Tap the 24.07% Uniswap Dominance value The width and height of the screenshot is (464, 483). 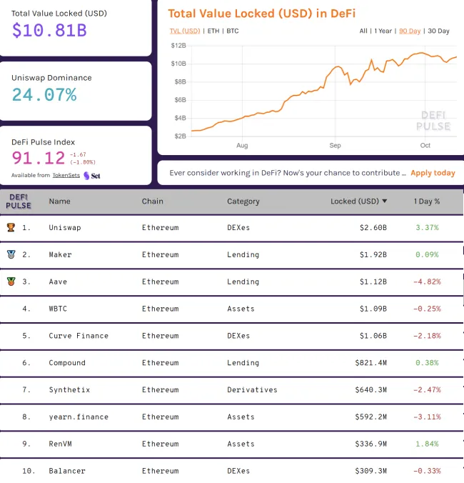tap(44, 94)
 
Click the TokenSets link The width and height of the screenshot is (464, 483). tap(66, 175)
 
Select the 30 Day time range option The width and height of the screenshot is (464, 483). tap(438, 31)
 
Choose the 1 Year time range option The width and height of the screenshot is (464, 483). tap(383, 31)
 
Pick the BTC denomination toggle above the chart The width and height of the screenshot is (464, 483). tap(233, 31)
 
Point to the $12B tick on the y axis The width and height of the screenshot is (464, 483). tap(178, 46)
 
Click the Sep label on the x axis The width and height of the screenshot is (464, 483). tap(336, 145)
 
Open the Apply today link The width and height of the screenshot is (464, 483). tap(433, 173)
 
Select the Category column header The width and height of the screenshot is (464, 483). tap(243, 201)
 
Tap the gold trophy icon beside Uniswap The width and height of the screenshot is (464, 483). tap(11, 227)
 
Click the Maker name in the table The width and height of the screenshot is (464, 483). tap(60, 254)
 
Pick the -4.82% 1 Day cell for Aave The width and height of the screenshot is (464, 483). tap(427, 282)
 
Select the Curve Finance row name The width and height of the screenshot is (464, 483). tap(79, 336)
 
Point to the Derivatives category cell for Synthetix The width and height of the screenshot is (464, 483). tap(252, 390)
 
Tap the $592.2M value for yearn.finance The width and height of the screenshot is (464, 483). tap(370, 417)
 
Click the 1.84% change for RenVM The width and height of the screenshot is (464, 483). tap(427, 444)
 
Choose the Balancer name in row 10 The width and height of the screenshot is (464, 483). tap(67, 472)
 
